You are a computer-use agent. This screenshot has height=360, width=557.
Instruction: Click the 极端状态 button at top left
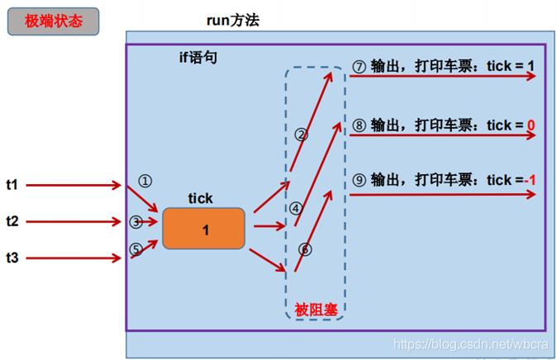click(x=54, y=21)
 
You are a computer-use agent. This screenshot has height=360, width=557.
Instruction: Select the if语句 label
click(x=199, y=58)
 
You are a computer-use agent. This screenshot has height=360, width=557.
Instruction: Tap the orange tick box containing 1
click(x=204, y=230)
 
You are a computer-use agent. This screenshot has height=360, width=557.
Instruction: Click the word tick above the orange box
click(x=201, y=198)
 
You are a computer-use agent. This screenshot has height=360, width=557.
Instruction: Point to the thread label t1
click(x=12, y=185)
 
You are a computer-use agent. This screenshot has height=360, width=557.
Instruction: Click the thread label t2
click(x=12, y=221)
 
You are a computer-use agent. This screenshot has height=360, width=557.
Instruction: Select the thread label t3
click(x=12, y=258)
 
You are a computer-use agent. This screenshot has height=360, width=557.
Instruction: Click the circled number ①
click(x=145, y=180)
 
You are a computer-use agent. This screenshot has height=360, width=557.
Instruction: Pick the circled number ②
click(x=302, y=134)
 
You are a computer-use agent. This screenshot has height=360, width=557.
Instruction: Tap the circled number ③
click(x=136, y=221)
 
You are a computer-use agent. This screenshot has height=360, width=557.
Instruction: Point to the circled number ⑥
click(x=304, y=249)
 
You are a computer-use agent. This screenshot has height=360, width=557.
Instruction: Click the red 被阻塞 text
click(x=314, y=310)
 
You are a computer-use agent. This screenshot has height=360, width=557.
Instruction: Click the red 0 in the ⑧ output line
click(x=531, y=126)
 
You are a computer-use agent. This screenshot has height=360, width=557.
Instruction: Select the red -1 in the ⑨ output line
click(x=530, y=180)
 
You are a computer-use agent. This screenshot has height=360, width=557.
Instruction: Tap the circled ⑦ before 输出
click(x=359, y=66)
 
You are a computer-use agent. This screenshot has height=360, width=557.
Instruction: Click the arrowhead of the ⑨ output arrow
click(x=530, y=195)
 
